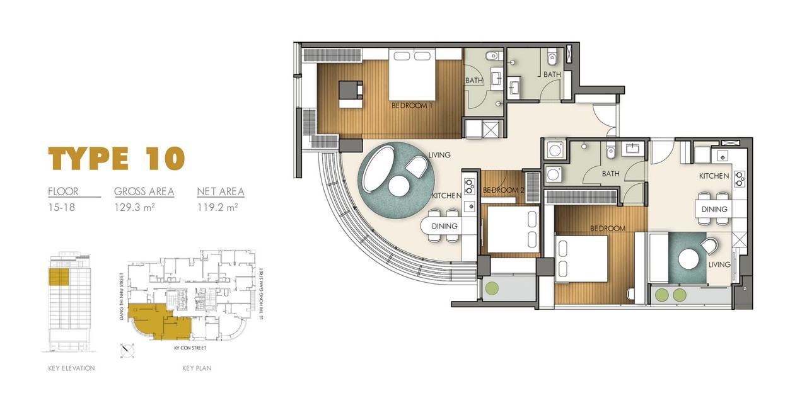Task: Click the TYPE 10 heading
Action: (117, 158)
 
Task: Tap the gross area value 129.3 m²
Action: (135, 207)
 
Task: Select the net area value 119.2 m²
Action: (218, 207)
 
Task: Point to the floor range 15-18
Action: (62, 208)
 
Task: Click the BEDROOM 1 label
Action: (412, 106)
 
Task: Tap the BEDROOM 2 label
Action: (503, 190)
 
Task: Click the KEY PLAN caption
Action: (197, 368)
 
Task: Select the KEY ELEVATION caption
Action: (72, 368)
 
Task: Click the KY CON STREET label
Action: (190, 348)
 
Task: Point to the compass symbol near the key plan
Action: (127, 350)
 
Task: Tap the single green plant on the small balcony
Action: (492, 288)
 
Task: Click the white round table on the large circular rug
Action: (399, 186)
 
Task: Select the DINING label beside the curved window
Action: (444, 226)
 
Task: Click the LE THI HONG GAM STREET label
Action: (262, 293)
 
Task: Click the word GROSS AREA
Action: (144, 191)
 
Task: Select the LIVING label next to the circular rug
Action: (439, 155)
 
